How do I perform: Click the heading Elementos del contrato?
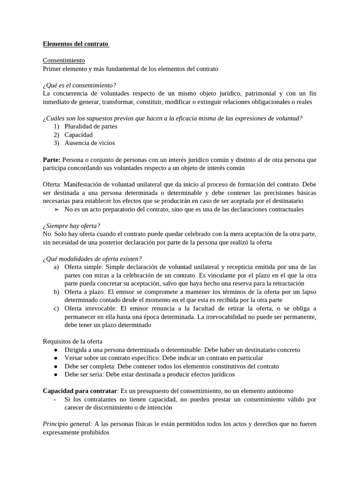tap(75, 45)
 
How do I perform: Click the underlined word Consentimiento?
tap(64, 60)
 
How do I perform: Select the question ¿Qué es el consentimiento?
tap(79, 85)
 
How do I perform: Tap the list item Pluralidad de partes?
tap(91, 126)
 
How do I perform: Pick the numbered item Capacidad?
tap(79, 135)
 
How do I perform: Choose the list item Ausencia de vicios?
tap(90, 142)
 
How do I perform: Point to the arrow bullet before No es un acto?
tap(56, 209)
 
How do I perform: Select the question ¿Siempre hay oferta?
tap(71, 225)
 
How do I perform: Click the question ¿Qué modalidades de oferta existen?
tap(92, 258)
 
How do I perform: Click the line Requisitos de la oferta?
tap(72, 341)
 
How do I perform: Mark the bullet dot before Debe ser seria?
tap(56, 375)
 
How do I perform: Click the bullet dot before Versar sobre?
tap(56, 358)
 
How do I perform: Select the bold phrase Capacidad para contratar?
tap(79, 390)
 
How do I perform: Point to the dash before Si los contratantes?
tap(55, 399)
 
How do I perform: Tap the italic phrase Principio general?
tap(67, 424)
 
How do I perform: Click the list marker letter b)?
tap(56, 292)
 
